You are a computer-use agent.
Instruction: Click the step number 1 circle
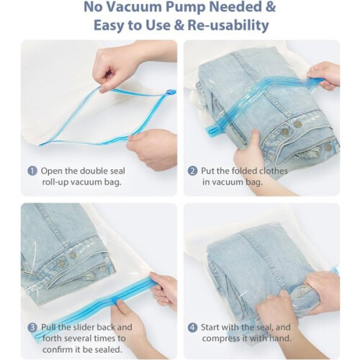point(32,171)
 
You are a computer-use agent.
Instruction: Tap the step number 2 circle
point(192,171)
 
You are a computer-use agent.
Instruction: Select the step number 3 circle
point(32,328)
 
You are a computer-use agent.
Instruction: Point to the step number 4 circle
point(192,328)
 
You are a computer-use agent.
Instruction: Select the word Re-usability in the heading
point(228,25)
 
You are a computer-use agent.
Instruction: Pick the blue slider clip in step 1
point(171,91)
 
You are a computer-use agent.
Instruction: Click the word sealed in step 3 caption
point(106,350)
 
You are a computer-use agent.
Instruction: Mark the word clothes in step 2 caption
point(271,171)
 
